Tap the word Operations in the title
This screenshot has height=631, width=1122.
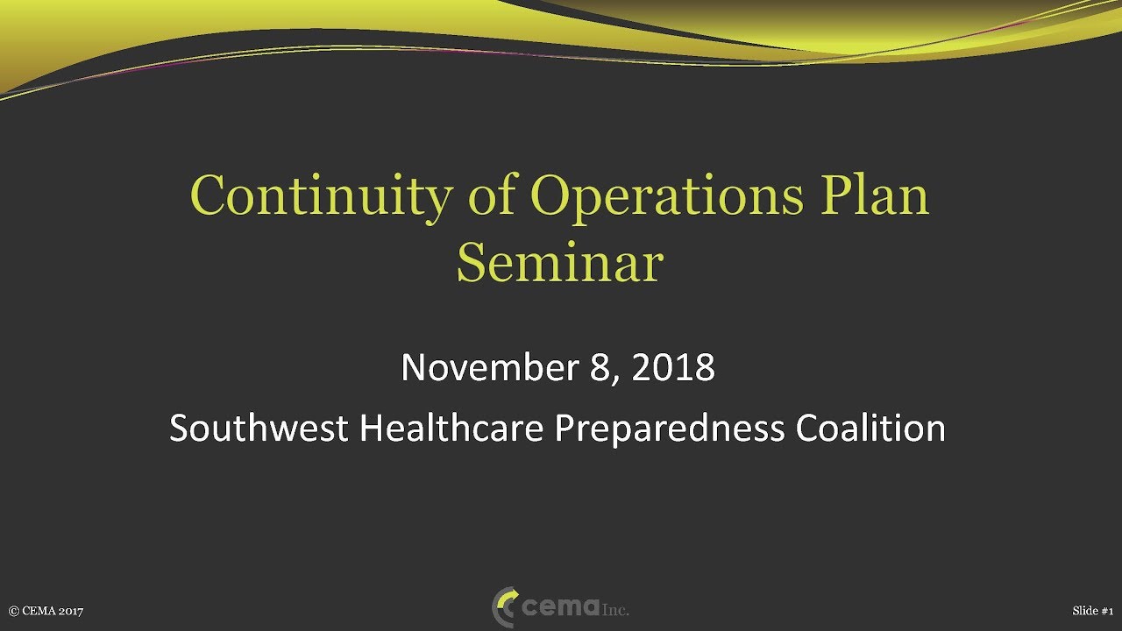tap(666, 196)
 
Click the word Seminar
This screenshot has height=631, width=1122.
tap(559, 263)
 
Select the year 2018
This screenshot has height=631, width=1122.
tap(673, 367)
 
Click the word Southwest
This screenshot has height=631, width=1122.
tap(259, 429)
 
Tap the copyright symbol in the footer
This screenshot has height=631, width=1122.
tap(13, 611)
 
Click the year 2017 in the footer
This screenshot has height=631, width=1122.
tap(70, 611)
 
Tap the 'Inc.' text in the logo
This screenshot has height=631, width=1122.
tap(615, 610)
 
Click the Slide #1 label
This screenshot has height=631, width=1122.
tap(1092, 611)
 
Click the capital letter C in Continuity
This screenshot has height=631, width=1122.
tap(206, 196)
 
